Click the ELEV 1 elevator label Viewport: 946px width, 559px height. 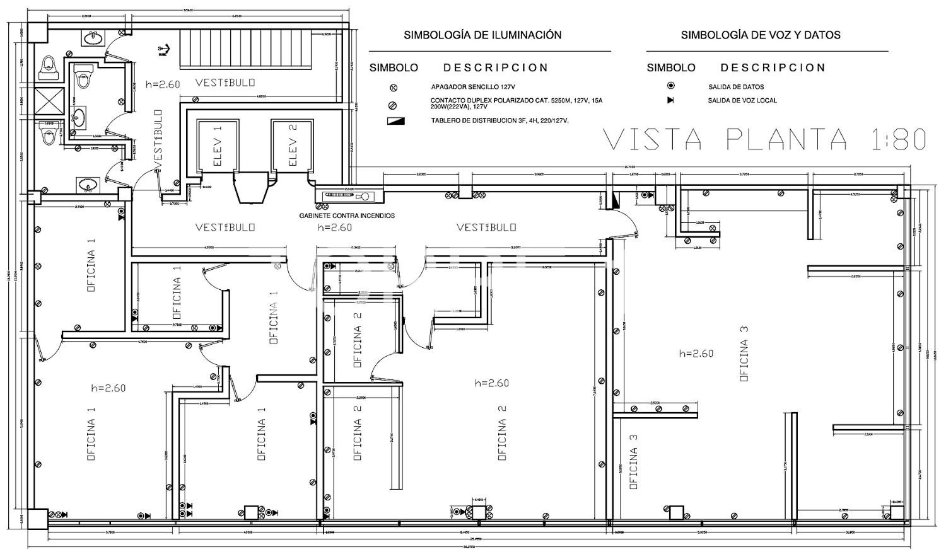(x=218, y=146)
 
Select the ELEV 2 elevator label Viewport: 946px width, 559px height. (x=292, y=146)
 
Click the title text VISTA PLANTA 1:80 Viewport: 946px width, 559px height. (x=765, y=140)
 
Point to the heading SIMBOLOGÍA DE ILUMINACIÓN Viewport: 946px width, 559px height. (x=482, y=35)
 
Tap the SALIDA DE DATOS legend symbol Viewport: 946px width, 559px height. (x=670, y=86)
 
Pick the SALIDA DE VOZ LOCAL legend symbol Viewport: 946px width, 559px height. (x=670, y=100)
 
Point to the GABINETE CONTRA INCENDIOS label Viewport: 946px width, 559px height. (x=347, y=216)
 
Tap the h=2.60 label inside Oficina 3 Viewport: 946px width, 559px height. (x=696, y=354)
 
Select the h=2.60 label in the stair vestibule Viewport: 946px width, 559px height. (x=163, y=84)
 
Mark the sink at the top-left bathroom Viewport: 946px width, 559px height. (x=94, y=39)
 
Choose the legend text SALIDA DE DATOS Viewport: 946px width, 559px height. (x=735, y=87)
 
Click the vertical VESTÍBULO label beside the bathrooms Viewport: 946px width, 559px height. (x=158, y=139)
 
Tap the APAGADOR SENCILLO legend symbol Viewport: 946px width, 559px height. (x=394, y=87)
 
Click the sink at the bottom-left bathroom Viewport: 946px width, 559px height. (x=87, y=185)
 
